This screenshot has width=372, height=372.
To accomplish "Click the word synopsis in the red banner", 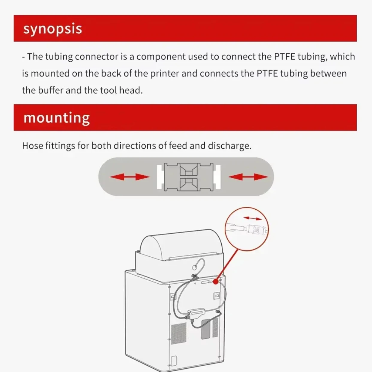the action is (x=52, y=29).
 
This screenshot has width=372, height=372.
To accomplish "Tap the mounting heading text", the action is (x=57, y=118).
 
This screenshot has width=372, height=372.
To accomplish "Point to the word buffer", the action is (x=51, y=90).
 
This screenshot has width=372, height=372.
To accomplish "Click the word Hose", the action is (x=32, y=146).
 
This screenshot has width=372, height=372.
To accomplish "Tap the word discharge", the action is (x=230, y=146).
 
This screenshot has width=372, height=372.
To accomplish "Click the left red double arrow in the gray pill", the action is (x=130, y=177).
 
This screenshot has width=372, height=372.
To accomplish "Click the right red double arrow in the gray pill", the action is (x=248, y=177).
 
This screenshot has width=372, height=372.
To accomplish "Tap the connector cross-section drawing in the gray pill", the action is (x=189, y=177).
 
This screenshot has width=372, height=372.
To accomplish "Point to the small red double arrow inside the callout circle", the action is (x=252, y=218).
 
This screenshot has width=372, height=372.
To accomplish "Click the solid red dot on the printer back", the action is (x=216, y=282).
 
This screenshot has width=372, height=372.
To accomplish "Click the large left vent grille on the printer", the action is (x=179, y=333).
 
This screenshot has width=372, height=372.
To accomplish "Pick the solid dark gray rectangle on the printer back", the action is (x=205, y=329).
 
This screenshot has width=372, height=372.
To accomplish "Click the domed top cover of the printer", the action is (x=179, y=245).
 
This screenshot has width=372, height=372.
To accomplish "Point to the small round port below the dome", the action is (x=195, y=267).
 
